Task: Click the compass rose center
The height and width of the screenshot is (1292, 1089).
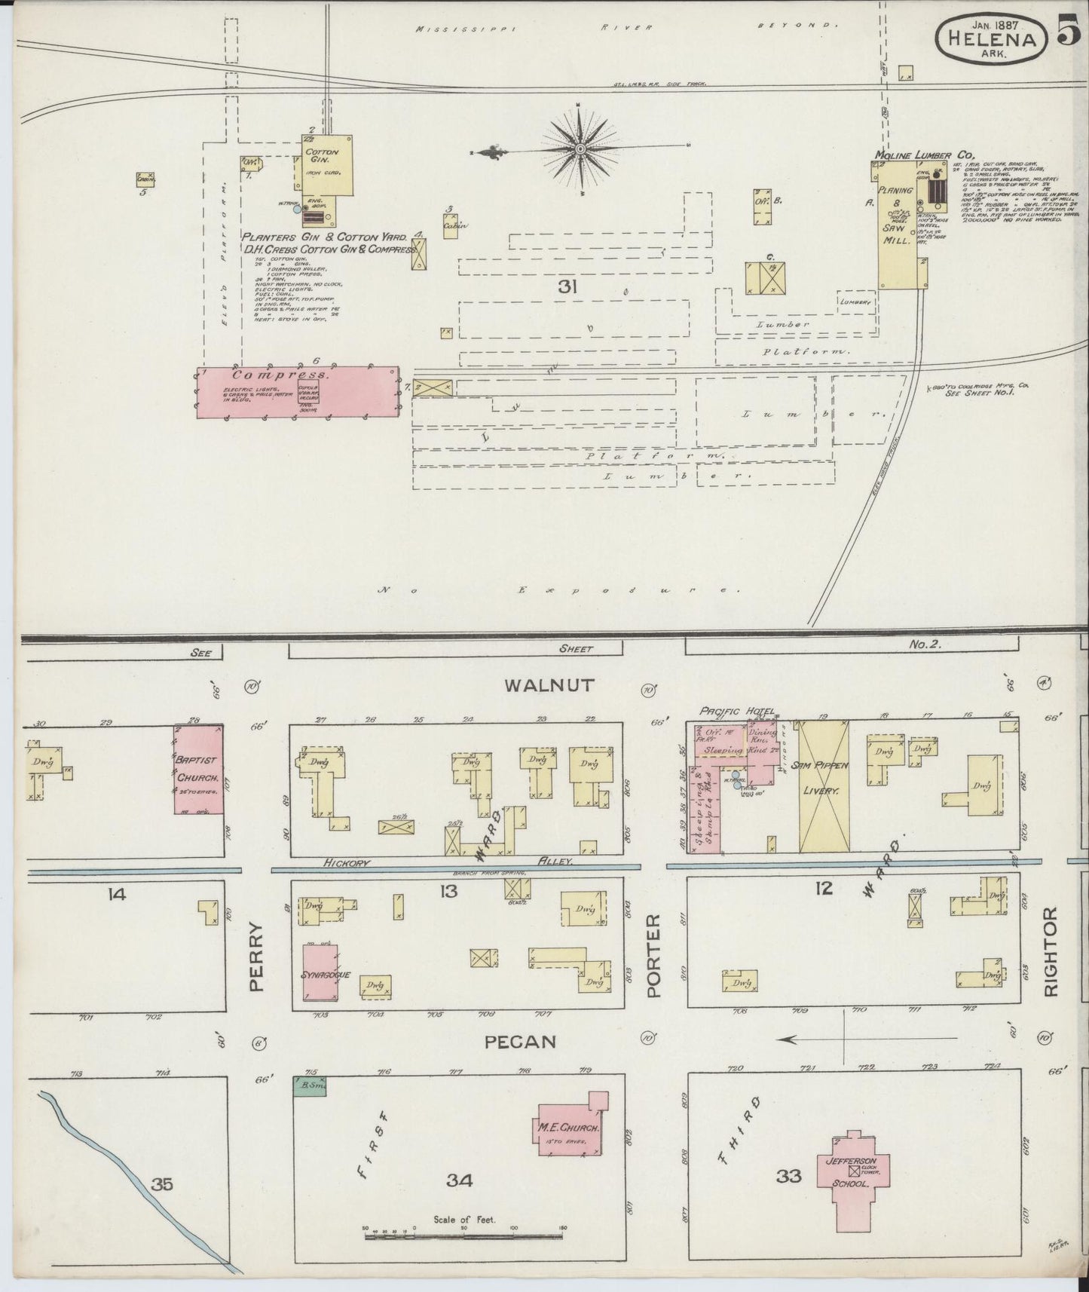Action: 580,149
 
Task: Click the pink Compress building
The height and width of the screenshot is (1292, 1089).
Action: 298,393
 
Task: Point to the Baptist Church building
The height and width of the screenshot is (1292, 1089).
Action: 198,770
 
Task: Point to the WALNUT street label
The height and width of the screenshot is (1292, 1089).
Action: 549,685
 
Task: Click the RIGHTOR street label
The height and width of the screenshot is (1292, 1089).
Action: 1053,952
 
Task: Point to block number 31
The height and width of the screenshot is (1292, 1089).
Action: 567,286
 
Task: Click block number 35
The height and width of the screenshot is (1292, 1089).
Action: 161,1184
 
